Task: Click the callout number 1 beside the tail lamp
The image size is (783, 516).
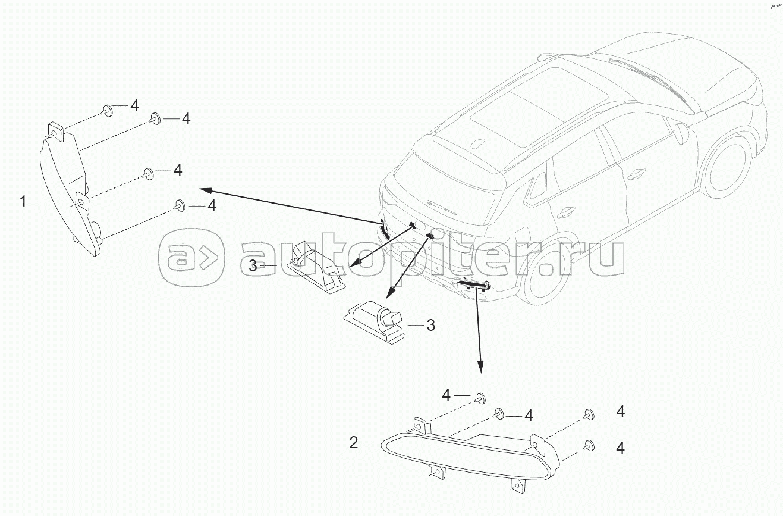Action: tap(23, 202)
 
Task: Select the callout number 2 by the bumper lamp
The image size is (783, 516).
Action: tap(354, 443)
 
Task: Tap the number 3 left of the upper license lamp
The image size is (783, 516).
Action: tap(253, 266)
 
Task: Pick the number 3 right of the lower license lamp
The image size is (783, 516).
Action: tap(431, 326)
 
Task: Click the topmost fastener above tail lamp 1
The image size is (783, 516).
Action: tap(108, 110)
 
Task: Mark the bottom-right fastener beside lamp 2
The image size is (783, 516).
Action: tap(590, 445)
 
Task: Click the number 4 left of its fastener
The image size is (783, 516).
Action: tap(447, 395)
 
